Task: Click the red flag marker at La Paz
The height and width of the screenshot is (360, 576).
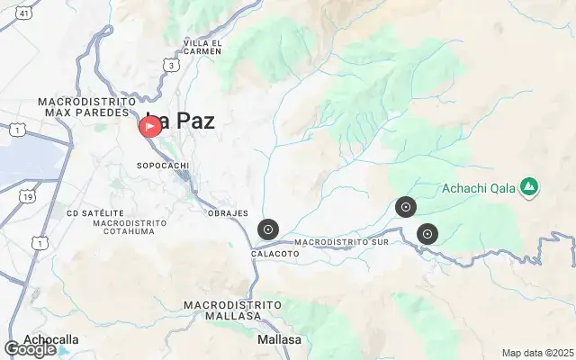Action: [x=149, y=126]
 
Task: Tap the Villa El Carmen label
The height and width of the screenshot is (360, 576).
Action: [x=202, y=47]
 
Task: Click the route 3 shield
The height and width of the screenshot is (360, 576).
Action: [x=170, y=64]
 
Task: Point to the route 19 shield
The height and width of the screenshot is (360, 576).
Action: [x=30, y=196]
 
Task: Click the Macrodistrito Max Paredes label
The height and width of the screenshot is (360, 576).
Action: [x=87, y=108]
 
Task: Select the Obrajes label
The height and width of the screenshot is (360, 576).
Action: [x=228, y=213]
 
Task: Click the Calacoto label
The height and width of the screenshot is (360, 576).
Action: [x=274, y=255]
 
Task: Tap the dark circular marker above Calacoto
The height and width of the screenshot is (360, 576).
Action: [x=267, y=230]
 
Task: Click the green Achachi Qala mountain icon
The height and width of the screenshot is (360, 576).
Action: [x=530, y=187]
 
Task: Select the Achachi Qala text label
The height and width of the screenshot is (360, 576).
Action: [x=480, y=188]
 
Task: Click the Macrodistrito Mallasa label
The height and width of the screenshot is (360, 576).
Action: [x=228, y=311]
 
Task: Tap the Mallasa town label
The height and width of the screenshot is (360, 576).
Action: [x=280, y=340]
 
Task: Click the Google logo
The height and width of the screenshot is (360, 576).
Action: [x=31, y=349]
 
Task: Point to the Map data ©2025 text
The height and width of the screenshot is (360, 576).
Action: [x=537, y=353]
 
